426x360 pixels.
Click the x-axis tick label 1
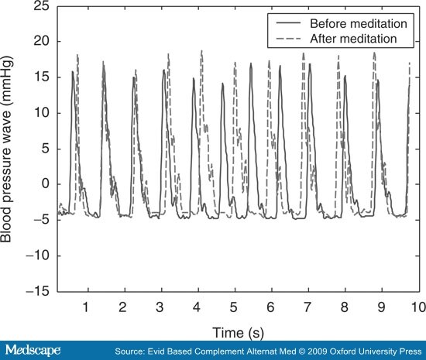click(86, 307)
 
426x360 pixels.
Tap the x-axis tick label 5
click(233, 307)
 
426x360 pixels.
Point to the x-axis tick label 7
click(307, 307)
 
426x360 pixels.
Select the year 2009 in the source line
click(302, 351)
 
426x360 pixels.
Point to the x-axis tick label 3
click(160, 307)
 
